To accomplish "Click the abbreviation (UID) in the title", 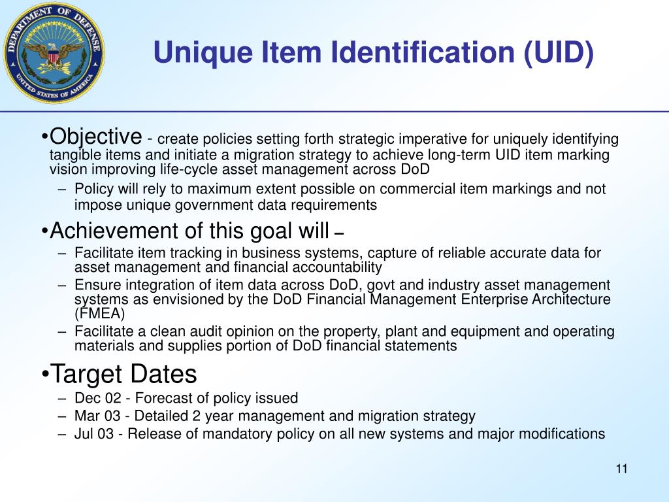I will [x=559, y=53].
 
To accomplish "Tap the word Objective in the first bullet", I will [x=96, y=137].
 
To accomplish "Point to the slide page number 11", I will [x=621, y=469].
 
